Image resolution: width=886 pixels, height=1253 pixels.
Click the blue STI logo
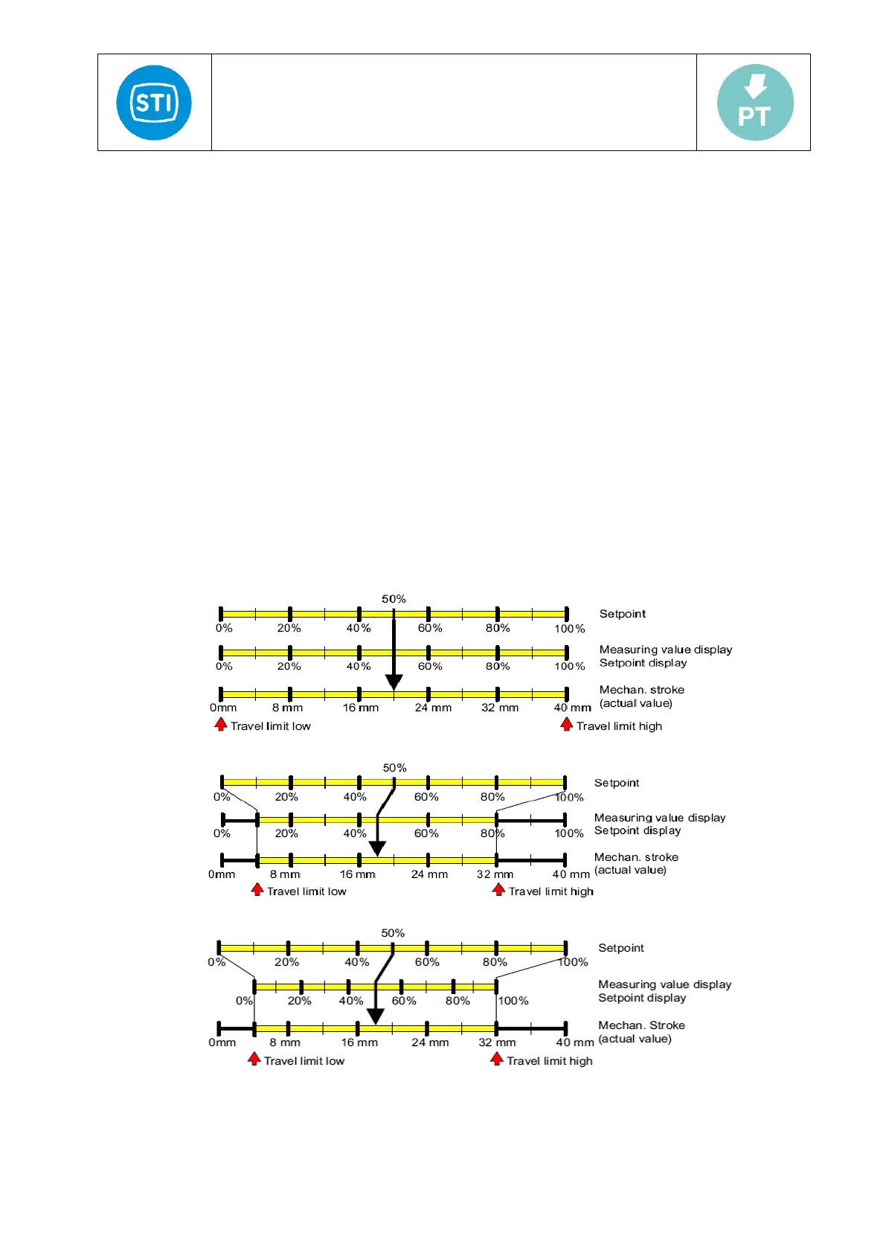click(154, 103)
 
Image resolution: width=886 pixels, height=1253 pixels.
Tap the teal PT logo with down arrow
click(755, 103)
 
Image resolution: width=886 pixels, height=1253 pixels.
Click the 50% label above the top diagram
click(394, 599)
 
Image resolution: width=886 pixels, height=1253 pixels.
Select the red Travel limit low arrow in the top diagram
click(221, 725)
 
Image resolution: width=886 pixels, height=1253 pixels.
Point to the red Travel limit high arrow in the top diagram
click(567, 725)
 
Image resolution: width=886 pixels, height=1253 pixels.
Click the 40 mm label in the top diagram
click(572, 708)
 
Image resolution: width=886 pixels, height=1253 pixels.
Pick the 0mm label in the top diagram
click(223, 708)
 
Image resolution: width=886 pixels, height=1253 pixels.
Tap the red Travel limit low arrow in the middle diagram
click(257, 889)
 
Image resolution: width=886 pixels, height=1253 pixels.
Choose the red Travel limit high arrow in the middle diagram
click(499, 889)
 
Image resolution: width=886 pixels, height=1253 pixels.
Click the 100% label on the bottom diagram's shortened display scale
click(513, 1001)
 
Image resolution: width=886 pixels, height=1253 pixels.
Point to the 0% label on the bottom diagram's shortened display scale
click(244, 1001)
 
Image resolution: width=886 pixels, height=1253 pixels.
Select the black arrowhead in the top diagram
click(394, 682)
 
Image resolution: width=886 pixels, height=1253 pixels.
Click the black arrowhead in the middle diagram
click(378, 848)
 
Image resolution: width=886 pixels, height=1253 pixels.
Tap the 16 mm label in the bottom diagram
click(359, 1042)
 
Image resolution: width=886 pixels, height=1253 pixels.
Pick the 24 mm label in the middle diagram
click(429, 874)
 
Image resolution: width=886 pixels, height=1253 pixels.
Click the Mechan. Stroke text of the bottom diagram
click(641, 1025)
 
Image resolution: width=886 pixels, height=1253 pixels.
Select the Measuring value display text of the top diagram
click(666, 650)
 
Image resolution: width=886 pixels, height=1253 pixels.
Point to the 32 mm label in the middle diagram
click(495, 874)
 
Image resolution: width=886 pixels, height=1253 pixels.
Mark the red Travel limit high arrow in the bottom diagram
click(497, 1059)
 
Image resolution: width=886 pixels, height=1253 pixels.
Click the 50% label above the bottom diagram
click(393, 933)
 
